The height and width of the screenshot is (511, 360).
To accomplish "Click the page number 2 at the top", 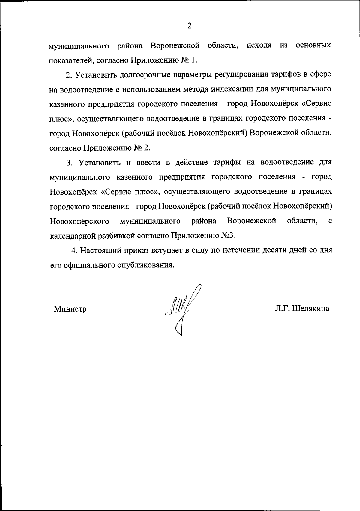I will point(189,26).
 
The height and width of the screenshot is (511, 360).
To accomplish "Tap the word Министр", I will point(70,309).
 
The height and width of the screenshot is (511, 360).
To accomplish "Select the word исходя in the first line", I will point(259,46).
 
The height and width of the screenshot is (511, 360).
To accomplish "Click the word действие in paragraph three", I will point(192,163).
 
